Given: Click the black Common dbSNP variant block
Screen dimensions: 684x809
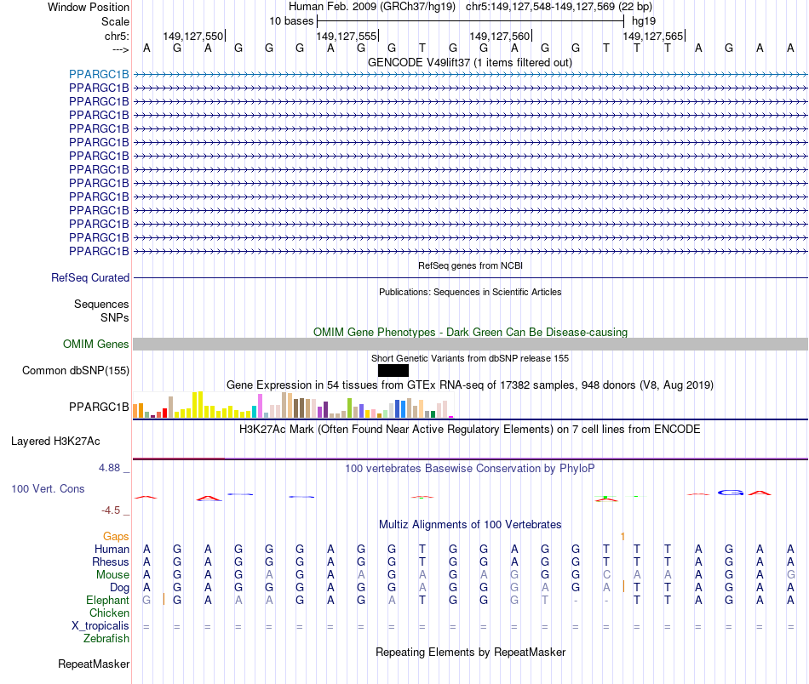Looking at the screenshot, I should (x=393, y=370).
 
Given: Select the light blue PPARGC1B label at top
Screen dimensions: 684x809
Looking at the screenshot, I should (x=99, y=74).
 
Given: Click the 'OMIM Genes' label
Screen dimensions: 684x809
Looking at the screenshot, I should (x=96, y=345).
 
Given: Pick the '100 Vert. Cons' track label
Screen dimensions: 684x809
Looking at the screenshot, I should (x=48, y=489).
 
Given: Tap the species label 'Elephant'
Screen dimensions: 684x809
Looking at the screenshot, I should (x=106, y=600).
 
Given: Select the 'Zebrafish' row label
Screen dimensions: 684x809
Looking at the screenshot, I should (x=106, y=638).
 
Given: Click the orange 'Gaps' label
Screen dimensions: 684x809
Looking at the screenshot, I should (x=116, y=536).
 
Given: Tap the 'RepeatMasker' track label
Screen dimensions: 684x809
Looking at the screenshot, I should (x=94, y=664).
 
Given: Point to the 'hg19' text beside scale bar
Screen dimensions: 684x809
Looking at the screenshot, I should (x=644, y=20).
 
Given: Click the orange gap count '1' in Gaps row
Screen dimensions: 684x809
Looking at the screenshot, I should (x=623, y=536).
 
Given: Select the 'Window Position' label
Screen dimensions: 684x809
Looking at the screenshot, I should (x=89, y=7).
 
